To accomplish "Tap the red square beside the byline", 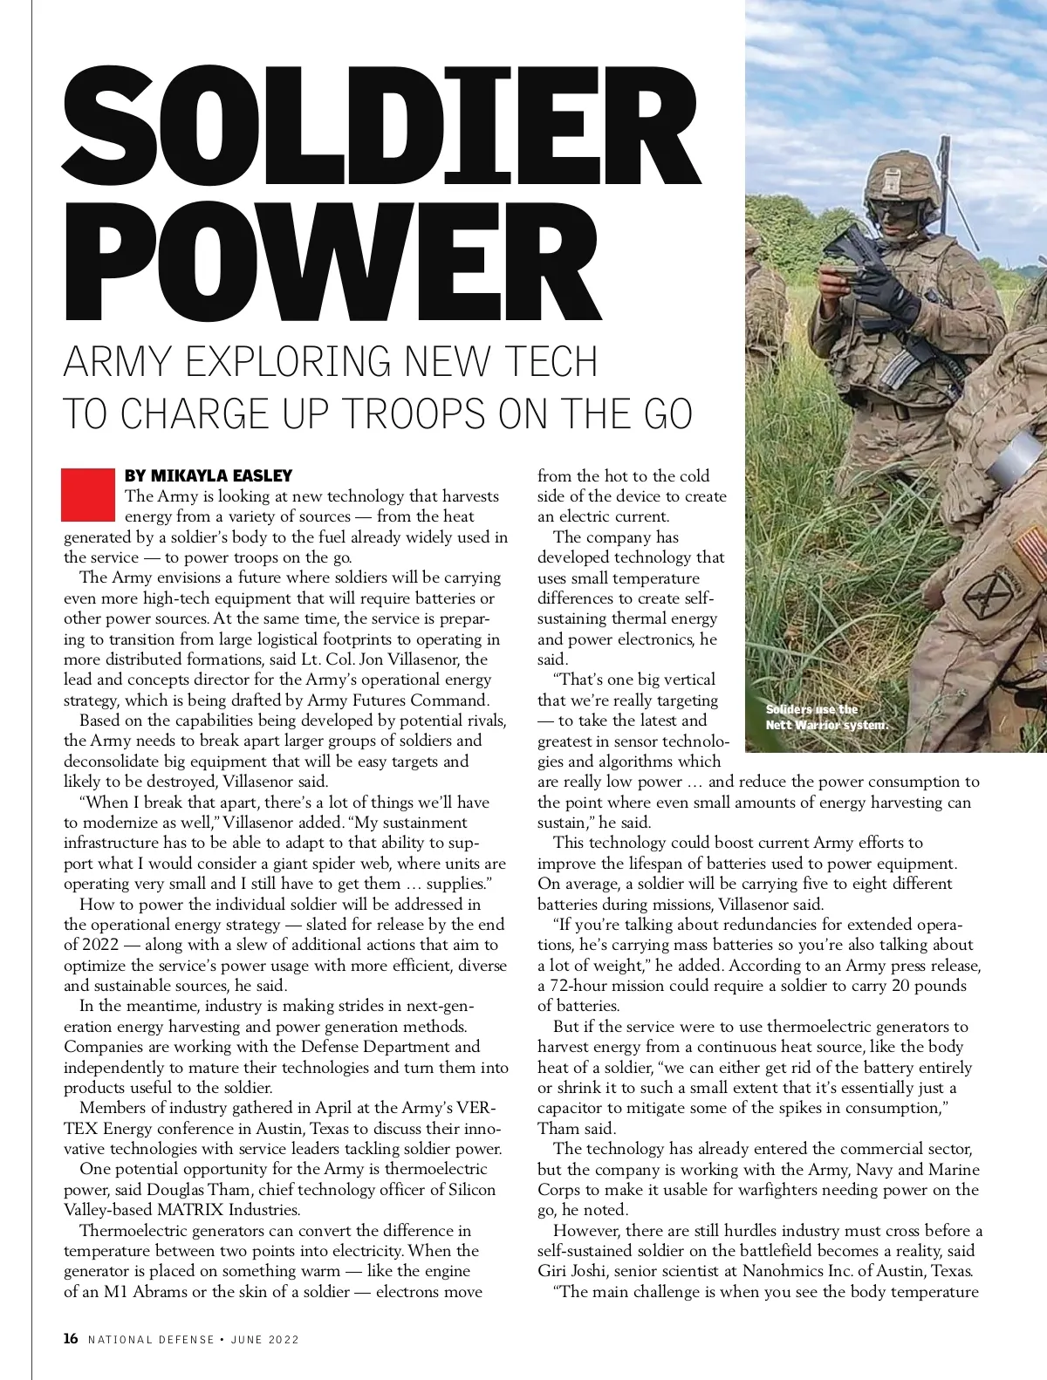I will (x=88, y=495).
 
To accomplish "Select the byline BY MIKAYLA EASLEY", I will (x=209, y=475).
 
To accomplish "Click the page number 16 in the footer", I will (x=71, y=1339).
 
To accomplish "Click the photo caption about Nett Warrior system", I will (x=826, y=717).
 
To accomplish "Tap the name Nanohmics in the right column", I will (x=760, y=1271).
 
